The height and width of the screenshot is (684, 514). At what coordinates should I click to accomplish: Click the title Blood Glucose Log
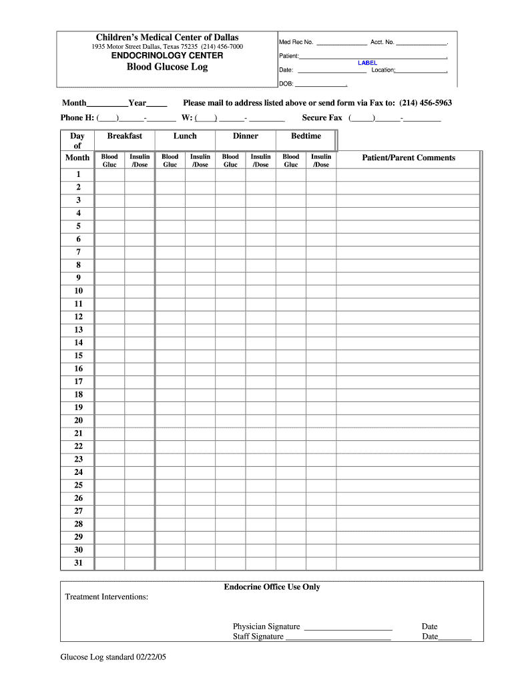(167, 67)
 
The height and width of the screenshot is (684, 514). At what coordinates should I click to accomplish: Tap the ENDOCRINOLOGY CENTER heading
(167, 55)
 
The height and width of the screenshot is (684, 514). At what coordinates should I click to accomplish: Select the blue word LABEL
(367, 63)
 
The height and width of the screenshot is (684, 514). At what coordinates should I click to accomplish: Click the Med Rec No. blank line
(341, 43)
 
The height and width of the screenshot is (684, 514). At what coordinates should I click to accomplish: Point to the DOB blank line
(320, 85)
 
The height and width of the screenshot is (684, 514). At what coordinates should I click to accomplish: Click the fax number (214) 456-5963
(426, 104)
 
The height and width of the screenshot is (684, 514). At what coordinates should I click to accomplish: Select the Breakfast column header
(125, 136)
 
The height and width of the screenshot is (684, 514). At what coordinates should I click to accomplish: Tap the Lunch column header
(185, 136)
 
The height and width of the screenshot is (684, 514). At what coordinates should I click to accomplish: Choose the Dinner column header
(246, 136)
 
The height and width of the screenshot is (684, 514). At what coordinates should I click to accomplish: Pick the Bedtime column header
(306, 136)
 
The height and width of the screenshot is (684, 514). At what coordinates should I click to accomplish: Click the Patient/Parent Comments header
(409, 158)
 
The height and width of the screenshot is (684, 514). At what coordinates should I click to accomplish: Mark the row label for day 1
(79, 174)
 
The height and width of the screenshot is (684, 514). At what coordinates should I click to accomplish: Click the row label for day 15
(79, 356)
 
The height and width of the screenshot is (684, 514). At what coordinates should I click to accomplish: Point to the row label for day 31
(79, 563)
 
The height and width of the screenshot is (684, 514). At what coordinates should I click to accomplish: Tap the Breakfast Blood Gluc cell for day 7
(109, 252)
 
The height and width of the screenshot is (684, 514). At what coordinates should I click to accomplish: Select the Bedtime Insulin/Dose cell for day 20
(321, 421)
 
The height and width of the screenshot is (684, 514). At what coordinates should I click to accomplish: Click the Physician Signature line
(348, 627)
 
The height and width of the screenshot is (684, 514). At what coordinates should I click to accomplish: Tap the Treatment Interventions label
(107, 596)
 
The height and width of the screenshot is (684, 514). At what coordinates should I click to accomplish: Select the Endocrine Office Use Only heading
(272, 587)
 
